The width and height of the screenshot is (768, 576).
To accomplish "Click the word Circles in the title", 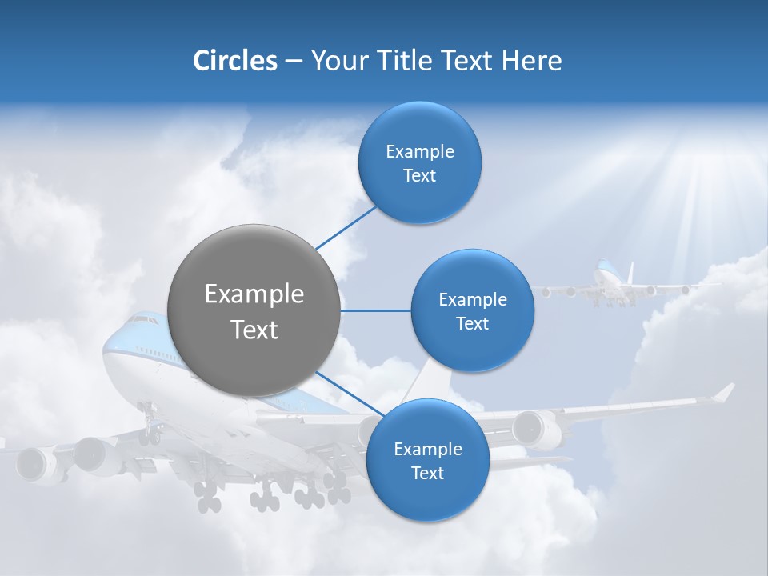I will (234, 61).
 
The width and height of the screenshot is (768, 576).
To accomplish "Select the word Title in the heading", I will (398, 61).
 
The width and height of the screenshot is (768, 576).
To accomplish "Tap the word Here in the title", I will (531, 61).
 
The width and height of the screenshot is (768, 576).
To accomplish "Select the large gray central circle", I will (254, 310).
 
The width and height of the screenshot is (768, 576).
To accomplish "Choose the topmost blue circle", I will (419, 162).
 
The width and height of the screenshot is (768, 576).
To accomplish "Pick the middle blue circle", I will (472, 310).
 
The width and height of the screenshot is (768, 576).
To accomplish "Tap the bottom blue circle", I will (427, 460).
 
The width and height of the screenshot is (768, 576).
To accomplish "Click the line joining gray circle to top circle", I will (346, 227).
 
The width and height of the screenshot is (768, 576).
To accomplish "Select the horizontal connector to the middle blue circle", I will (375, 310).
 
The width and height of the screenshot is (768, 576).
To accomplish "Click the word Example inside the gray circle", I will (254, 294).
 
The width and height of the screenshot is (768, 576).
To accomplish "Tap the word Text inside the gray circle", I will (254, 330).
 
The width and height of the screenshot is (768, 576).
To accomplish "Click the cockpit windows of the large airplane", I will (144, 320).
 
